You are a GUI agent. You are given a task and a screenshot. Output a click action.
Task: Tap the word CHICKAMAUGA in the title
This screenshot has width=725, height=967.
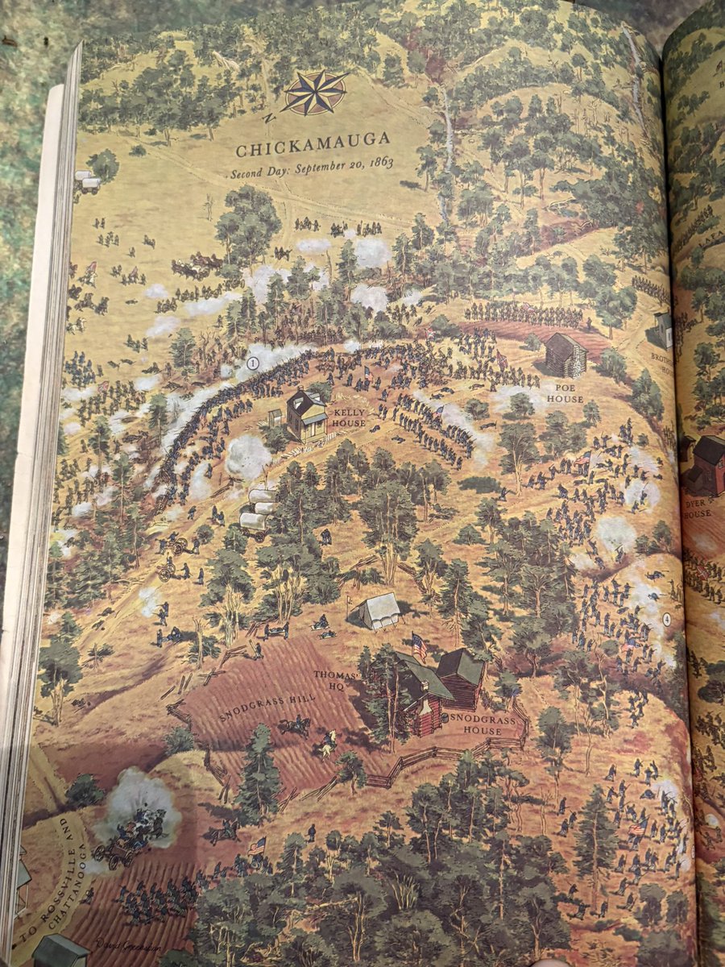(313, 150)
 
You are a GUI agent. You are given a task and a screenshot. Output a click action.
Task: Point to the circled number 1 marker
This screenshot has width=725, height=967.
(253, 363)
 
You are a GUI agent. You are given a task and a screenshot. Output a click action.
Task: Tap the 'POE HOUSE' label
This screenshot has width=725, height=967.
(565, 392)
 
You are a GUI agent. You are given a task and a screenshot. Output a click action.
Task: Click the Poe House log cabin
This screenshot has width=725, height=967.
(565, 355)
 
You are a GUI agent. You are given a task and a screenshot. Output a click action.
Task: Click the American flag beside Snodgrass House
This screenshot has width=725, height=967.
(419, 645)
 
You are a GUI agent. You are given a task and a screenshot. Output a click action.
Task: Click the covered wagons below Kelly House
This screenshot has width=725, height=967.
(257, 510)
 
